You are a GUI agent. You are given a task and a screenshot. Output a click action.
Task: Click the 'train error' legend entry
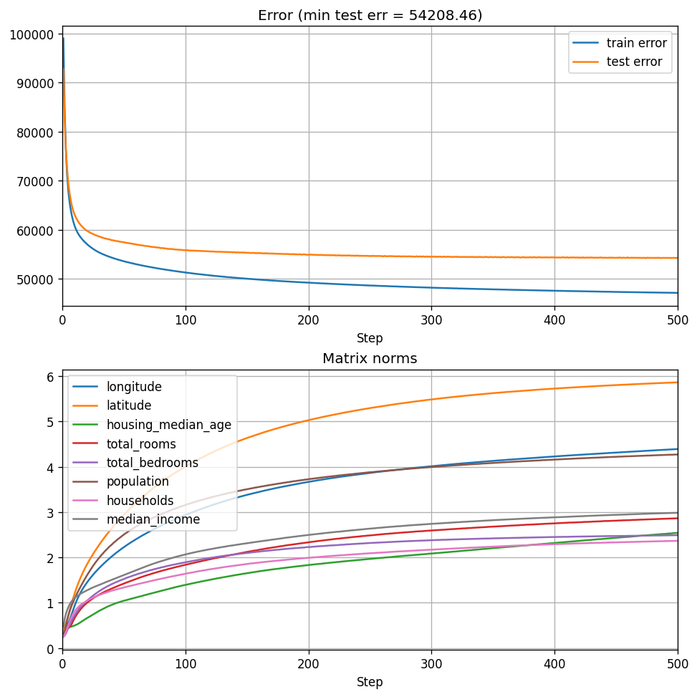click(x=636, y=43)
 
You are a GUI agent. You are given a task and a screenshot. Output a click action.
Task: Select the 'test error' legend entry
click(x=634, y=62)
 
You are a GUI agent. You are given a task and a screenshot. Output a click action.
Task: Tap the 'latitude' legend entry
click(x=129, y=405)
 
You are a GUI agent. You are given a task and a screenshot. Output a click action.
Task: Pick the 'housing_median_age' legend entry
click(x=169, y=425)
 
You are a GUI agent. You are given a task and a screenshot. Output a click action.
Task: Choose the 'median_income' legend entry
click(x=153, y=519)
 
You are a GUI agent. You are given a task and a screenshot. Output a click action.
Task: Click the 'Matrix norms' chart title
click(x=370, y=359)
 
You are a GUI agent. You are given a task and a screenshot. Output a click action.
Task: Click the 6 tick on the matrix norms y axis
click(x=51, y=377)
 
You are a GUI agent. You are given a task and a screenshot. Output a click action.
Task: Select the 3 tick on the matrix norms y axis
click(x=51, y=513)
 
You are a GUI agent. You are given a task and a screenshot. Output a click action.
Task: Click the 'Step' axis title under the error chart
click(x=370, y=338)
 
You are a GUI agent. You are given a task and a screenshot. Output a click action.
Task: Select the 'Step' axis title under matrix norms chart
click(x=370, y=682)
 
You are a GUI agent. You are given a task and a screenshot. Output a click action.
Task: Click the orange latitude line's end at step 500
click(x=677, y=382)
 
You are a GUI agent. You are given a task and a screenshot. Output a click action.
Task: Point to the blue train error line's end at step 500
click(x=677, y=293)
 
